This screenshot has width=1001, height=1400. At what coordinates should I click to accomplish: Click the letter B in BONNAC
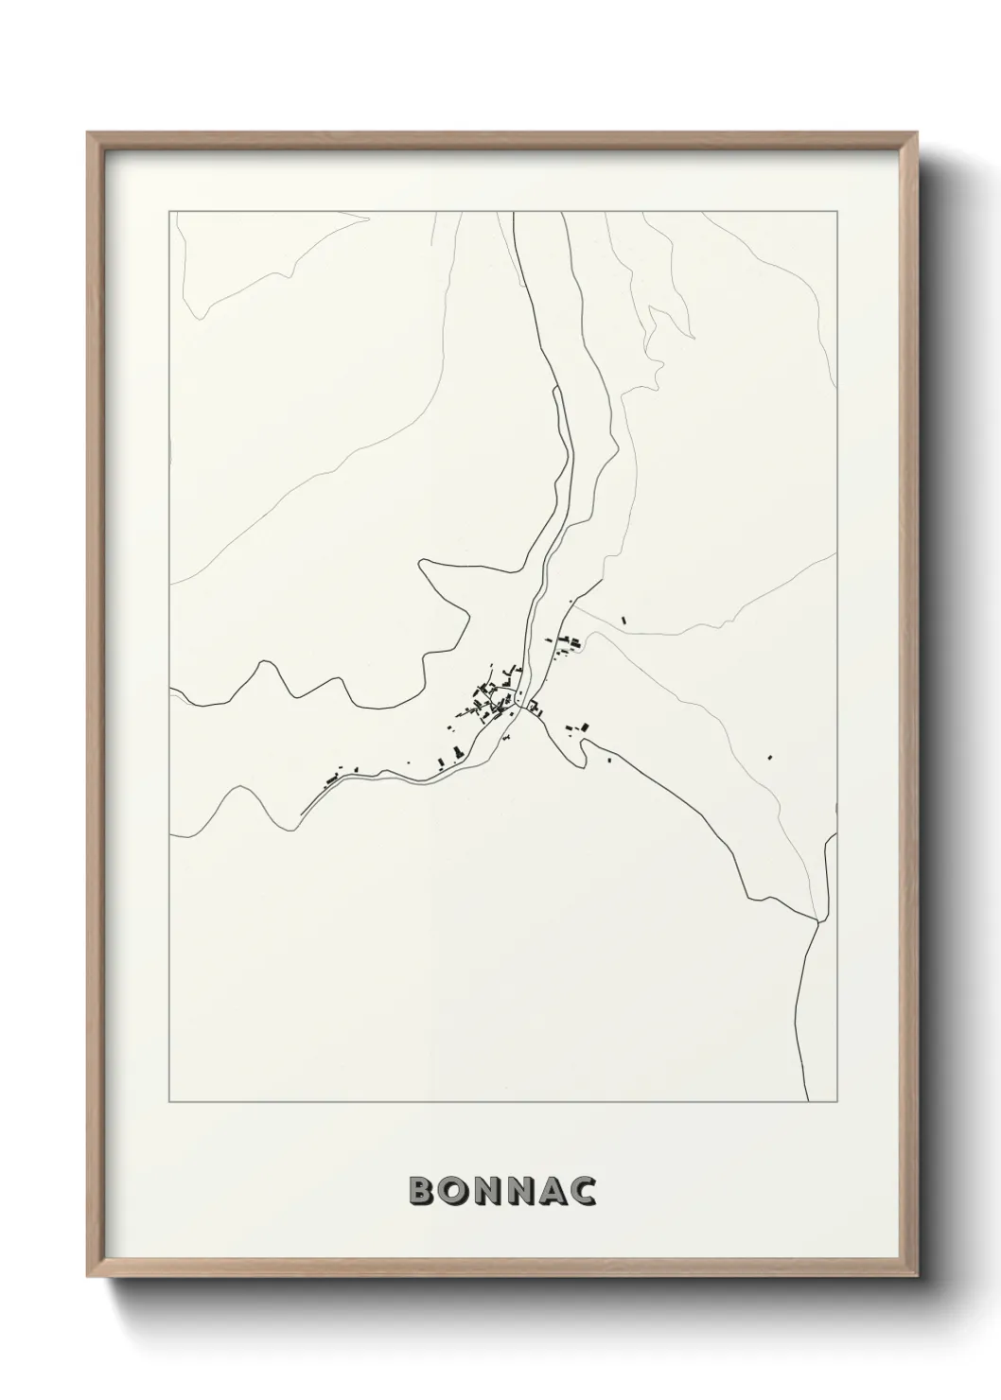tap(422, 1191)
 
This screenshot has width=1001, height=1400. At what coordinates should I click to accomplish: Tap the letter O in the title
tap(456, 1191)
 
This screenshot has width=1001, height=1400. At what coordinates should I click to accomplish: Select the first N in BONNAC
tap(491, 1191)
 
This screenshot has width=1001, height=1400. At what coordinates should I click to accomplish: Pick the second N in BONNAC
tap(526, 1191)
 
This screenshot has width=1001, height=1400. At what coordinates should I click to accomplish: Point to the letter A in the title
tap(558, 1191)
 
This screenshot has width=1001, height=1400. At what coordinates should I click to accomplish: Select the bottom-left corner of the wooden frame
tap(106, 1280)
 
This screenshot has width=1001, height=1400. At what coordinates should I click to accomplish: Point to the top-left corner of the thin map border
tap(168, 212)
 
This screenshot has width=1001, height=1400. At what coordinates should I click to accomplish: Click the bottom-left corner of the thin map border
tap(168, 1102)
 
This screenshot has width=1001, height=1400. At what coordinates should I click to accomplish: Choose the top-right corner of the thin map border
tap(836, 212)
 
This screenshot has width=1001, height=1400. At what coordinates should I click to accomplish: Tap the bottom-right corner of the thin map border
tap(836, 1102)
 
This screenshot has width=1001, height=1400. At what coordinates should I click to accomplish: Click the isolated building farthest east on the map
tap(770, 756)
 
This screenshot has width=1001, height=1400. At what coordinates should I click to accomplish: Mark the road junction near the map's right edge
tap(817, 919)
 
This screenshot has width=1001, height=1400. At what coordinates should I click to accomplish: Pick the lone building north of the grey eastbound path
tap(624, 621)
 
